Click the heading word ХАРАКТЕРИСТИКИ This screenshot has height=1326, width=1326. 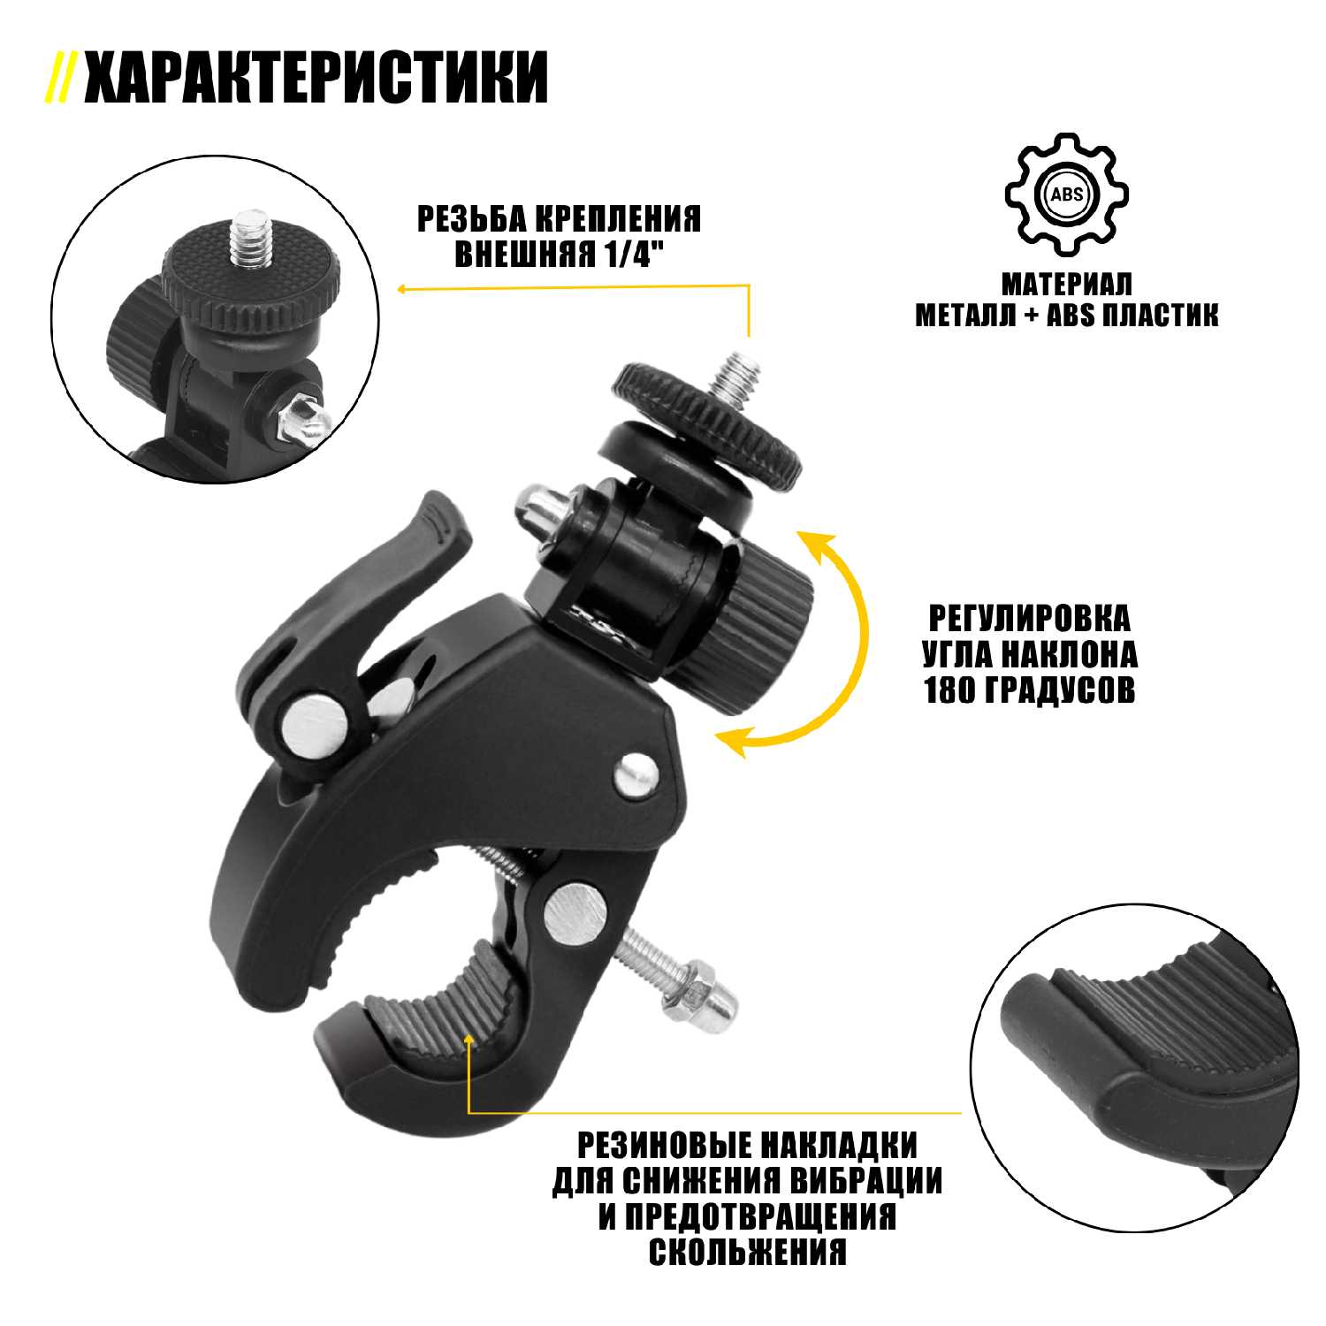coord(316,78)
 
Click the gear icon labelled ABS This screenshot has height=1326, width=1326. coord(1066,194)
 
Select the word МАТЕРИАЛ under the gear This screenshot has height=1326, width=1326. coord(1066,285)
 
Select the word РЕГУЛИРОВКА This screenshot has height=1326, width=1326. coord(1029,618)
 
